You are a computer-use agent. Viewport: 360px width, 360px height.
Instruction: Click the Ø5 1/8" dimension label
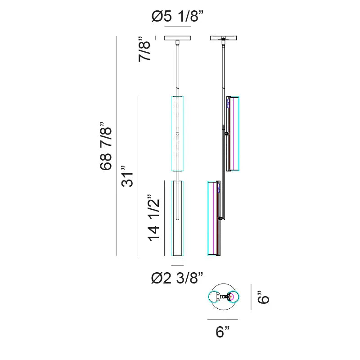tap(177, 17)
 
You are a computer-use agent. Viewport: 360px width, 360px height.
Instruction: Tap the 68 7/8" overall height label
tap(106, 146)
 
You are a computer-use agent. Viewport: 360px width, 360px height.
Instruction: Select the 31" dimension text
tap(127, 176)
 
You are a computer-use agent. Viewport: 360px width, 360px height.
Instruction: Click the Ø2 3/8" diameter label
tap(177, 278)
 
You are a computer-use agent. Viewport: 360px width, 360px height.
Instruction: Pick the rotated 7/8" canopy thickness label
tap(144, 49)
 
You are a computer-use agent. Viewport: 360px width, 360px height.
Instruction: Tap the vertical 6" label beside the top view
tap(263, 297)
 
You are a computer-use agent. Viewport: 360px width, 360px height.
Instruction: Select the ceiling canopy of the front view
tap(177, 38)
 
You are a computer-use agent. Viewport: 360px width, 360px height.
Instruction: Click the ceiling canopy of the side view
tap(223, 38)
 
